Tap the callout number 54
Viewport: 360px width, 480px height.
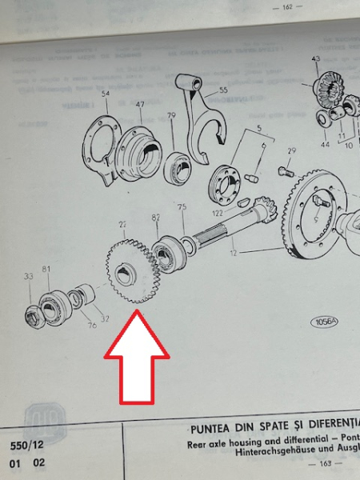point(105,94)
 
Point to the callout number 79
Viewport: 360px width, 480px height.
point(171,117)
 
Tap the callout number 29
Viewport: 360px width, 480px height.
point(292,150)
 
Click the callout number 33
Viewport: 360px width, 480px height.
point(29,276)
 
